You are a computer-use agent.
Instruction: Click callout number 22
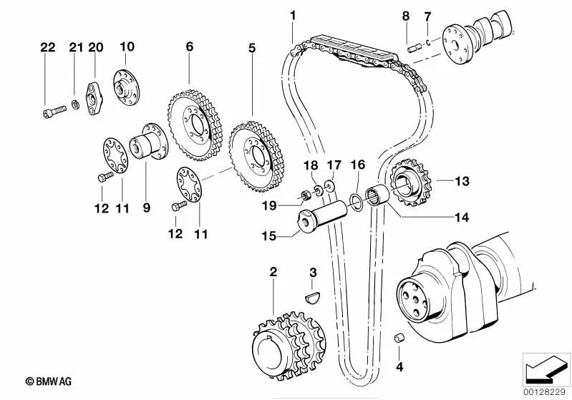(47, 48)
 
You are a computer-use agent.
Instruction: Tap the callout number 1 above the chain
(292, 15)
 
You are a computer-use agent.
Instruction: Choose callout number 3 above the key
(312, 272)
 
